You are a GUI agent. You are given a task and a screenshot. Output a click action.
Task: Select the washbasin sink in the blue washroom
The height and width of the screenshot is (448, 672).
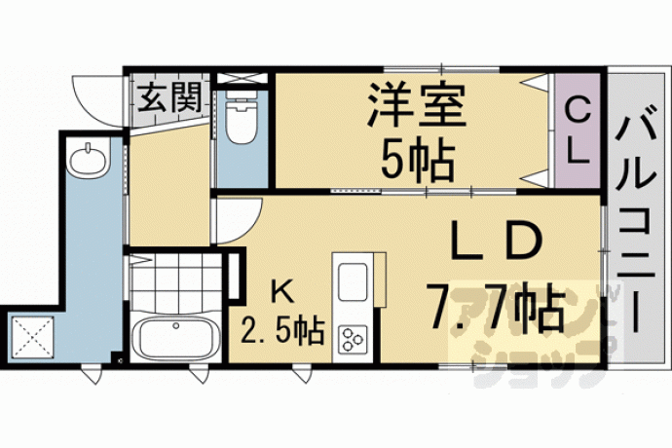point(89,160)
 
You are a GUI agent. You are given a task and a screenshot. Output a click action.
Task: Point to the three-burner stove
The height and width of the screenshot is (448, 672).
point(353,339)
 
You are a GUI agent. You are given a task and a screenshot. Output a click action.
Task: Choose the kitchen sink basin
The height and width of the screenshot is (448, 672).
point(353,281)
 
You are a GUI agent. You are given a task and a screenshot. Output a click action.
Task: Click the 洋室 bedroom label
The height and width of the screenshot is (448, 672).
point(417,104)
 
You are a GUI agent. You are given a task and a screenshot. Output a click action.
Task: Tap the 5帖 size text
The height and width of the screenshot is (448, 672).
point(417,161)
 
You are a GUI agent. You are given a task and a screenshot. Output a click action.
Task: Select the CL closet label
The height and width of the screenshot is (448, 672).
point(577,133)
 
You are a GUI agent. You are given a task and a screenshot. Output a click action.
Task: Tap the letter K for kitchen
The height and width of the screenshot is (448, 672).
point(282,294)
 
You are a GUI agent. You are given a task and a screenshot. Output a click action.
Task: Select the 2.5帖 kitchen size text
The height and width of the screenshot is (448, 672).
point(281,330)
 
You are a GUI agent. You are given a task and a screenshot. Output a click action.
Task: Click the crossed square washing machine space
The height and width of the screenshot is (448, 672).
point(32,337)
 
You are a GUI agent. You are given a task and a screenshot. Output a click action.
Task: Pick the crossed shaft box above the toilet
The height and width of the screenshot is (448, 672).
point(243,79)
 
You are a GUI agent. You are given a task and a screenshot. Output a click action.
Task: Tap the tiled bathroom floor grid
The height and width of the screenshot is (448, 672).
point(175,283)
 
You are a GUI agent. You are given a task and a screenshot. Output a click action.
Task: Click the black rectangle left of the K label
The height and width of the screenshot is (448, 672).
point(234,276)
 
